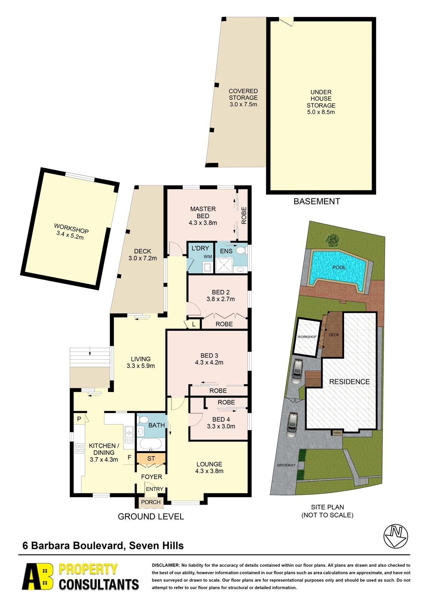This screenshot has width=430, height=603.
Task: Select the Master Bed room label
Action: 203,213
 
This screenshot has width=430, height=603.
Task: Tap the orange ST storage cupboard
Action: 151,458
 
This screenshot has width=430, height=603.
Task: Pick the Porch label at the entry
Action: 150,502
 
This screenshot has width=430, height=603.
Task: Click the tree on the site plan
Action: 332,239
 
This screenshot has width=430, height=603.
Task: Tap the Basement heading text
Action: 317,201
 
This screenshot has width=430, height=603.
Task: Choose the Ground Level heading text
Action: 151,517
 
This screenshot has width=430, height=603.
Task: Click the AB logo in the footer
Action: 37,577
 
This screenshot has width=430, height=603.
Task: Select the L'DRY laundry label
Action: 200,248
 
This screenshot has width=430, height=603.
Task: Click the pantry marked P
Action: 79,419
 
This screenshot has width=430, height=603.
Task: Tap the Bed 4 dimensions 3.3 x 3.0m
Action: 221,426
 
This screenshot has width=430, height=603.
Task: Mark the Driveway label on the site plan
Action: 286,465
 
